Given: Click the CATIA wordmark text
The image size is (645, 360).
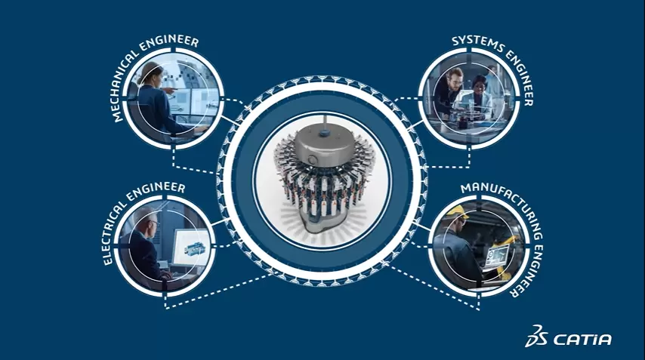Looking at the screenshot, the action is pos(582,340).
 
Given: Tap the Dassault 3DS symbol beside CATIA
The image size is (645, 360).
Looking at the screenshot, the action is pos(536,336).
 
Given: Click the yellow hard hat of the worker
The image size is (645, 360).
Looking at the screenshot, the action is pos(457,211).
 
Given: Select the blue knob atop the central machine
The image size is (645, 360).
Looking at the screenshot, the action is pos(325,132).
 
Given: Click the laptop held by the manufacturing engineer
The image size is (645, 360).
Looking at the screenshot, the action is pos(497,257).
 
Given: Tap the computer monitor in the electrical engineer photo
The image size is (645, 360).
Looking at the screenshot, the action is pos(190,248).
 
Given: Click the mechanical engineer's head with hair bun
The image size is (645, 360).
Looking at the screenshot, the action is pos(150,75).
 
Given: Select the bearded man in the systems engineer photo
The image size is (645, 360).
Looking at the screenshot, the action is pos(449,93).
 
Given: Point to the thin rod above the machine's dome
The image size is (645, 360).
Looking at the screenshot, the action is pos(325,122).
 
